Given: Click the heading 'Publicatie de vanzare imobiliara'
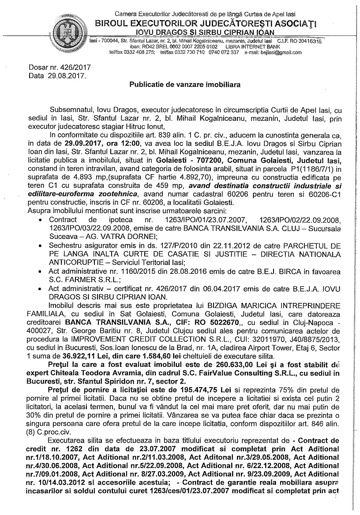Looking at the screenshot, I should pyautogui.click(x=185, y=84).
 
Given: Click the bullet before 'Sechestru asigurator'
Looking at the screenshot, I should pyautogui.click(x=41, y=244).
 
